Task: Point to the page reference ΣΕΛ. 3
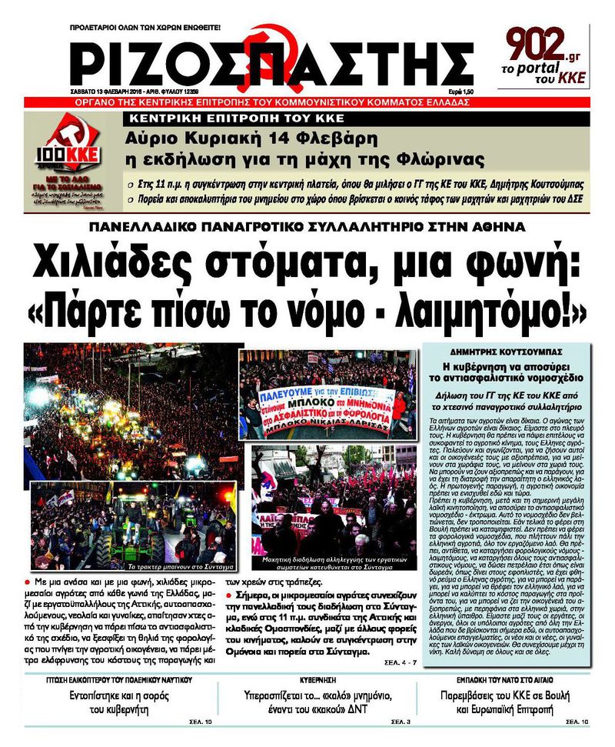point(400,722)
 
